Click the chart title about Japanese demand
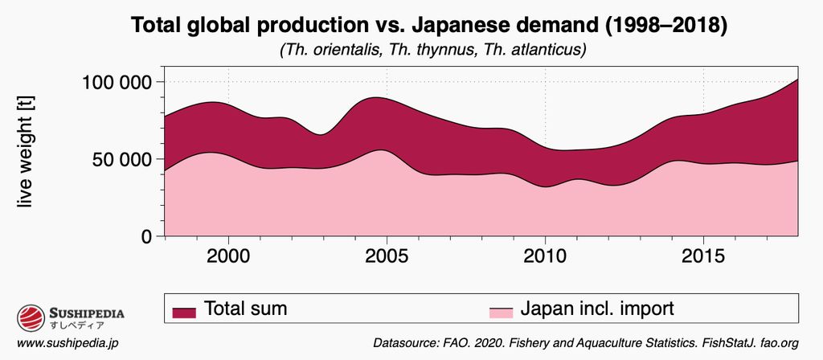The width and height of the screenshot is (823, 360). [x=429, y=26]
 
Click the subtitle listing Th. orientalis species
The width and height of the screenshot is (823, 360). [x=432, y=50]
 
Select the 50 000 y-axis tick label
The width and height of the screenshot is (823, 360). [x=121, y=159]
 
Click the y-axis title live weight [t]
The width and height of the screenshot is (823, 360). [x=26, y=159]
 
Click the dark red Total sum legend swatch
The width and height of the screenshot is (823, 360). [x=184, y=311]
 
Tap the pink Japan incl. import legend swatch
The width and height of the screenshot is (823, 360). [x=501, y=311]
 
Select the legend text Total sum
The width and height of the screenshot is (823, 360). [x=245, y=309]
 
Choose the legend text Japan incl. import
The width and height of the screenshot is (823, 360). [x=597, y=309]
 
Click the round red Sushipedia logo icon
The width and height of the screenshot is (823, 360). [x=31, y=317]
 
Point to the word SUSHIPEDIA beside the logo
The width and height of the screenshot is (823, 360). [x=87, y=313]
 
